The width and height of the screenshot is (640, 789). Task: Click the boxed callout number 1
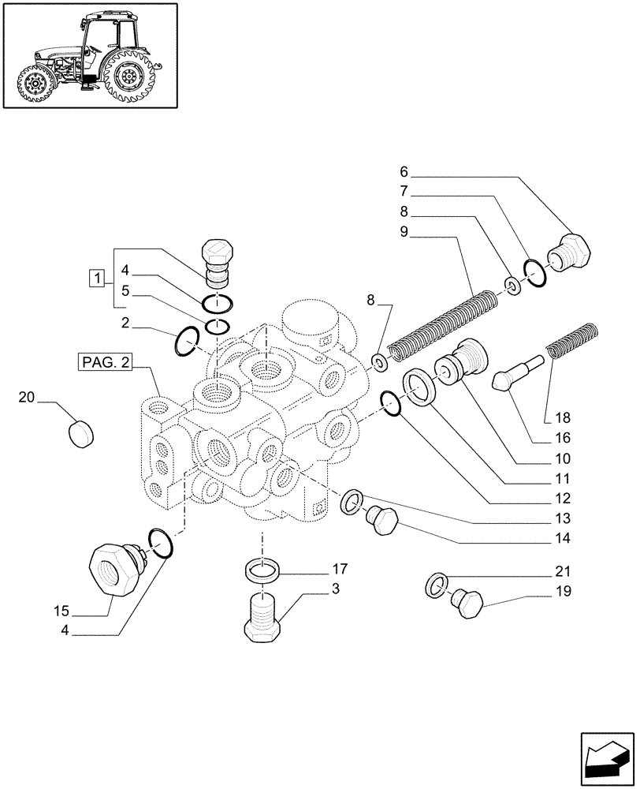tap(96, 278)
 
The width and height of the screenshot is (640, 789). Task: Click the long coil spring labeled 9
tap(445, 326)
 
